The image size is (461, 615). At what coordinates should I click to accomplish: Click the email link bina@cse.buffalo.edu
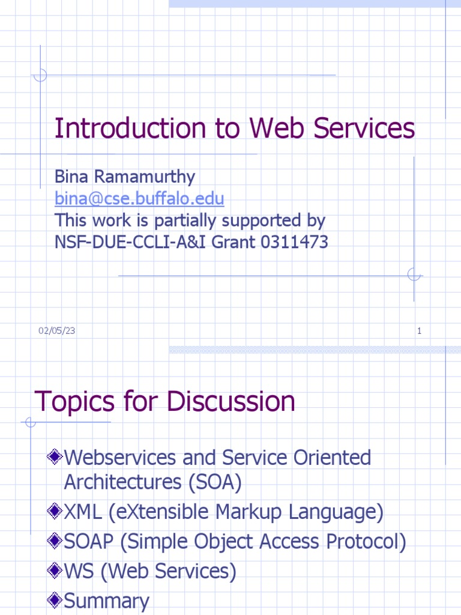(139, 198)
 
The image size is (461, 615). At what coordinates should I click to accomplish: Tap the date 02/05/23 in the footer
(57, 331)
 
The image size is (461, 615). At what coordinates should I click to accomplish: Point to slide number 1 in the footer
(419, 331)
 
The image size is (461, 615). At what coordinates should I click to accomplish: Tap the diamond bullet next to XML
(55, 512)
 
